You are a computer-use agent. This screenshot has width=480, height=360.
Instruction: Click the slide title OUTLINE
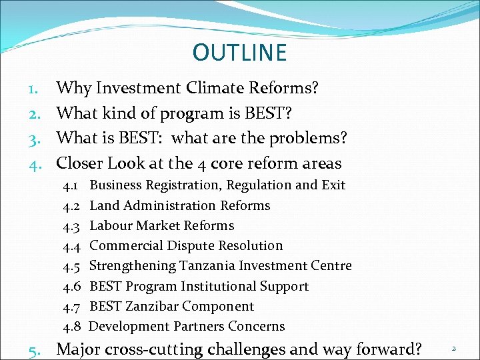(239, 53)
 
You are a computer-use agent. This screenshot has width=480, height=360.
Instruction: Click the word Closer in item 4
(79, 163)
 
